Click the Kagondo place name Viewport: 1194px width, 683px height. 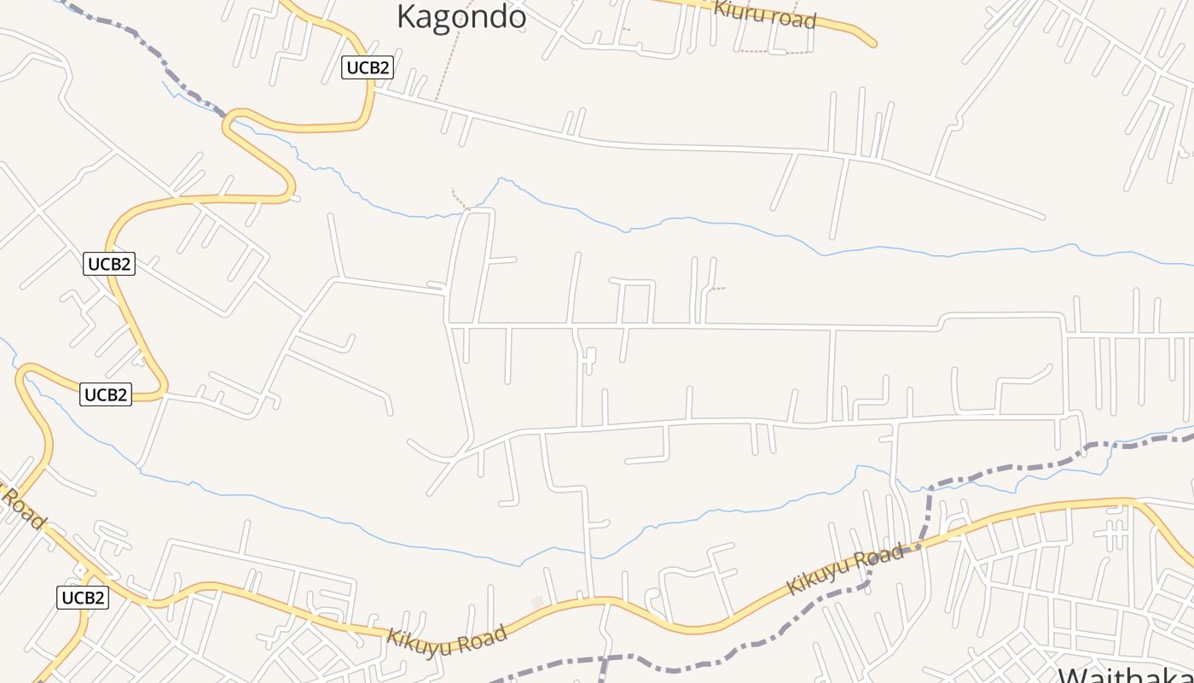[461, 16]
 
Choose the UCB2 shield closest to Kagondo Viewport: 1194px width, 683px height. [368, 67]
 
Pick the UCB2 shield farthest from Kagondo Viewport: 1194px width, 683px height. [83, 598]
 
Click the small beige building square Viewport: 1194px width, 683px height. [537, 603]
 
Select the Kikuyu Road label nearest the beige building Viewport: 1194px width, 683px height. [447, 636]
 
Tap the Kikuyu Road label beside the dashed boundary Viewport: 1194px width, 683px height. [843, 569]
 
